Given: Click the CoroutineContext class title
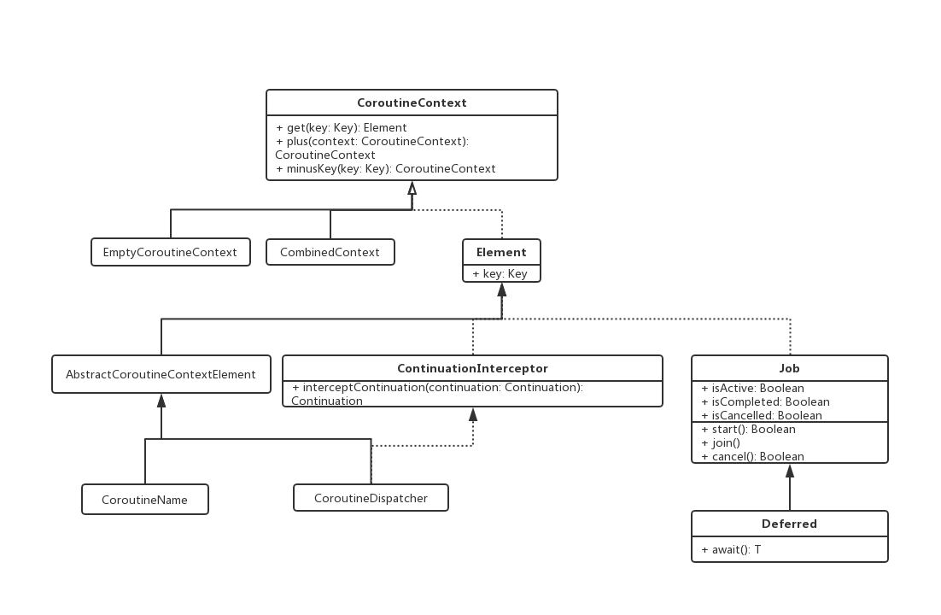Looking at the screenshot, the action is click(412, 102).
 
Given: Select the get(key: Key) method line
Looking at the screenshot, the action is click(341, 127).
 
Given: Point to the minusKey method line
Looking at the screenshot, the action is click(385, 169).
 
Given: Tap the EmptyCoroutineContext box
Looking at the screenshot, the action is click(171, 252).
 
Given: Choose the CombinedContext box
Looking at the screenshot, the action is click(330, 252).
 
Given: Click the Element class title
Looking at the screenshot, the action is click(501, 252).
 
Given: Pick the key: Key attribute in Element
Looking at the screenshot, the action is click(500, 274).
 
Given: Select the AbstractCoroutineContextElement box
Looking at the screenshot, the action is click(161, 374).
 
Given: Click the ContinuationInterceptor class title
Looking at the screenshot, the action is click(472, 368).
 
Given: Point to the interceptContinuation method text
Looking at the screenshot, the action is click(437, 394).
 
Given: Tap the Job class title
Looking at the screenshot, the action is click(789, 368).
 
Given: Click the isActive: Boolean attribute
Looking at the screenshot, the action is click(752, 388).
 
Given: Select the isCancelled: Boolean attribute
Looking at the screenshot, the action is click(762, 416).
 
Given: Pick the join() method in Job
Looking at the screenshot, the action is click(720, 443).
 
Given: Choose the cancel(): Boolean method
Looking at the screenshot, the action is click(752, 456).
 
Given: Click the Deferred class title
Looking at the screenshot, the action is click(789, 524).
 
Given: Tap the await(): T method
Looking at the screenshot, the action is click(731, 549).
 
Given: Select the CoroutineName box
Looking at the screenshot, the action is click(145, 499).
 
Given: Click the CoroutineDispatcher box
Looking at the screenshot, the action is click(371, 498).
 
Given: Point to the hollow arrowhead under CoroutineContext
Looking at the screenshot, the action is click(412, 188).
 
